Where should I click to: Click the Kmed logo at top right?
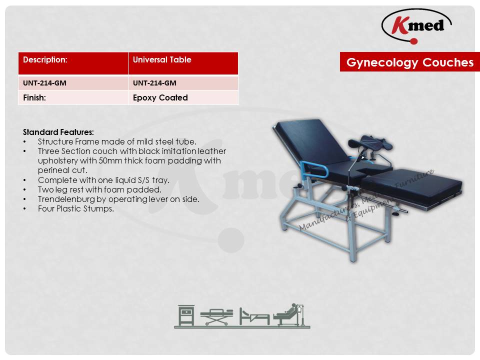pyautogui.click(x=416, y=26)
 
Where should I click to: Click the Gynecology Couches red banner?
pyautogui.click(x=410, y=62)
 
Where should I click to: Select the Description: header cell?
pyautogui.click(x=73, y=63)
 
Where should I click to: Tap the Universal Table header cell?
pyautogui.click(x=183, y=63)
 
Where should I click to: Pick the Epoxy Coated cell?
pyautogui.click(x=183, y=97)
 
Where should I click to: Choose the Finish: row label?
pyautogui.click(x=73, y=97)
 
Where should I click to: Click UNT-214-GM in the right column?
pyautogui.click(x=154, y=83)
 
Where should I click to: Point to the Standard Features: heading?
pyautogui.click(x=58, y=132)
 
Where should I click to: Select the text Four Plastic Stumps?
pyautogui.click(x=76, y=209)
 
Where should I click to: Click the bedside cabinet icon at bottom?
pyautogui.click(x=186, y=315)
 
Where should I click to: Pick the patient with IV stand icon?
pyautogui.click(x=290, y=314)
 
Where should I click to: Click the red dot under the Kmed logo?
pyautogui.click(x=414, y=41)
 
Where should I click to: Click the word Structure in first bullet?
pyautogui.click(x=55, y=141)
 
